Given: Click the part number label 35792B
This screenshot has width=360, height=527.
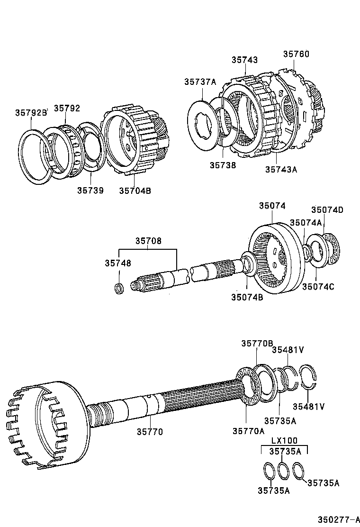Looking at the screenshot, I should coord(31,113).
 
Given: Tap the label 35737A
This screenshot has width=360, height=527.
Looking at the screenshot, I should coord(200,82).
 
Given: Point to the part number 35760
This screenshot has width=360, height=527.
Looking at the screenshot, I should coord(296,55).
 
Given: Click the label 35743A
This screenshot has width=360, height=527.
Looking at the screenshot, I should coord(281,169).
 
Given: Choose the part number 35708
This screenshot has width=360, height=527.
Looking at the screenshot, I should coord(148,241).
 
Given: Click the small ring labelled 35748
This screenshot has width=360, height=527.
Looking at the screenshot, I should coord(120,288).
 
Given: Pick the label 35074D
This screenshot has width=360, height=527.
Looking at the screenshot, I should coord(327,210).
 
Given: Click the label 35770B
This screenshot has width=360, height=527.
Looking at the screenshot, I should coord(257,344).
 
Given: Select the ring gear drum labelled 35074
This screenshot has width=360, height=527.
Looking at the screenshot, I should coord(275,258).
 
